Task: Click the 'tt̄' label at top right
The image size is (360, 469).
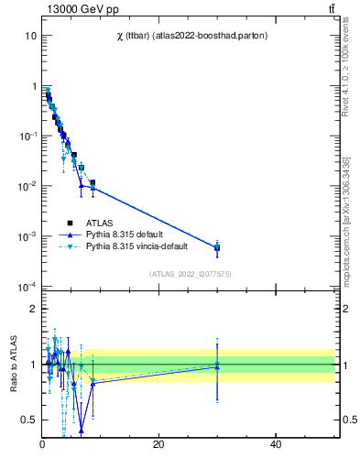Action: (331, 9)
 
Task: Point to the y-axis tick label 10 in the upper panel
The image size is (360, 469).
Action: (30, 36)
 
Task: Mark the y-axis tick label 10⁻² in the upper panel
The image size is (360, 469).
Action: (28, 186)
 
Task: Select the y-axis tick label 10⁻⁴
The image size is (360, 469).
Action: (28, 287)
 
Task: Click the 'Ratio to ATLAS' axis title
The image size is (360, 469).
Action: (14, 365)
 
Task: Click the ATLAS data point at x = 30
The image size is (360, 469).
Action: (217, 247)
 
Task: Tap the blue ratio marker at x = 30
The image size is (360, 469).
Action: (217, 366)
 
